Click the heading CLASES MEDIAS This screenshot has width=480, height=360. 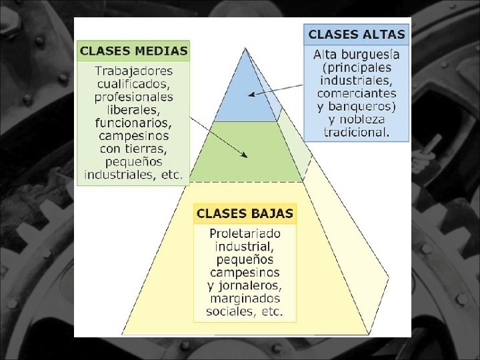[x=133, y=51]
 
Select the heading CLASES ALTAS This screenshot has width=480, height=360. [x=357, y=34]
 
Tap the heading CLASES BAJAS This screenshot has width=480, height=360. [x=245, y=214]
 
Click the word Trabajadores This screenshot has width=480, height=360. [x=133, y=71]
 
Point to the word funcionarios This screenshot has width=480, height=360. [x=133, y=123]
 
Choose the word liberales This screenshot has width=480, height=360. [x=133, y=109]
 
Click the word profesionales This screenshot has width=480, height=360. [x=133, y=97]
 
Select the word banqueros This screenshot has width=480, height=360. [x=363, y=107]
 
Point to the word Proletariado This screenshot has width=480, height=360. [x=245, y=234]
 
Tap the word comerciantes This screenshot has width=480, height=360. [x=357, y=94]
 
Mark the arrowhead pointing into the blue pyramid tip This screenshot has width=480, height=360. [x=250, y=95]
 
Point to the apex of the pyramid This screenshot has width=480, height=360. [x=245, y=48]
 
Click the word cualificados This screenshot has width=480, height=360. [x=133, y=84]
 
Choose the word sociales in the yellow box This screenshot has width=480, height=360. [x=231, y=311]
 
